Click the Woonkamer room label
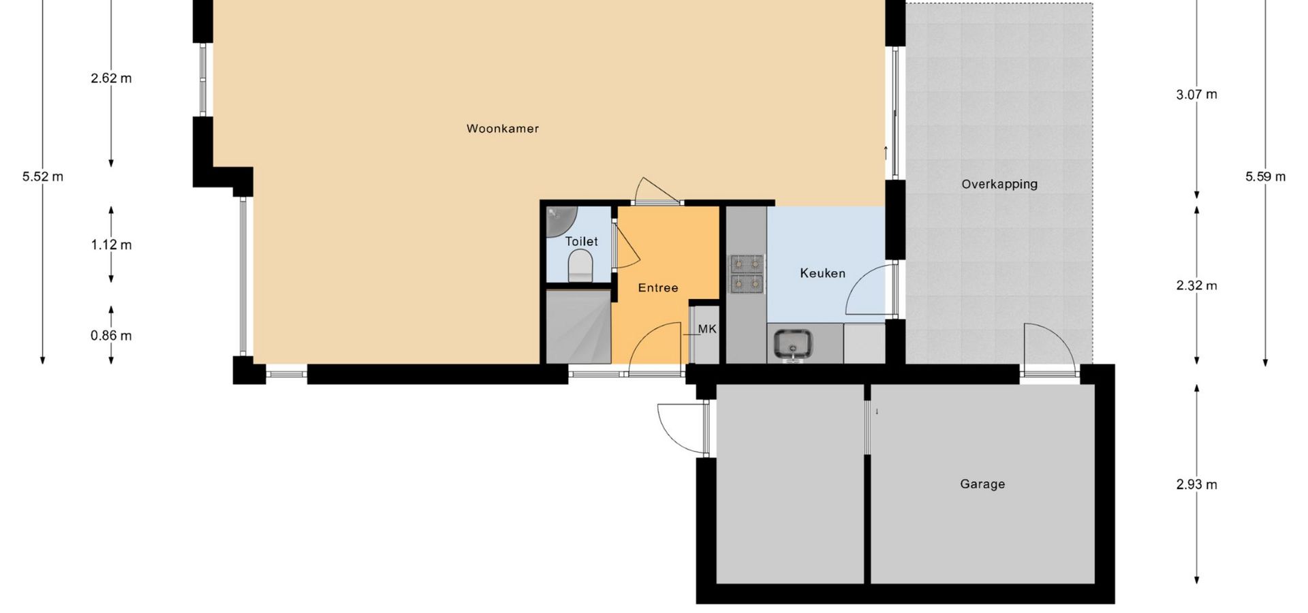click(x=503, y=129)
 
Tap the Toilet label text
click(x=581, y=242)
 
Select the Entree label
click(x=658, y=288)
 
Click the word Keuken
click(x=822, y=273)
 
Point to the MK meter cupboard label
click(x=707, y=329)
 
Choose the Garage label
click(x=982, y=484)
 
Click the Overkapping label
click(x=999, y=184)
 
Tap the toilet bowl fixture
click(x=580, y=266)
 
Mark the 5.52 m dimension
click(x=43, y=177)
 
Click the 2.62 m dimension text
click(x=111, y=78)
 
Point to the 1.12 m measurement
click(x=111, y=245)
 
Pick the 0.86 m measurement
click(x=111, y=336)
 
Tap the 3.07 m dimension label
click(x=1196, y=95)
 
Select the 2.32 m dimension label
click(x=1196, y=286)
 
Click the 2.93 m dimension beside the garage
click(x=1196, y=485)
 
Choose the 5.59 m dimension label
click(x=1266, y=177)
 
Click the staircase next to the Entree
click(x=578, y=327)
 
